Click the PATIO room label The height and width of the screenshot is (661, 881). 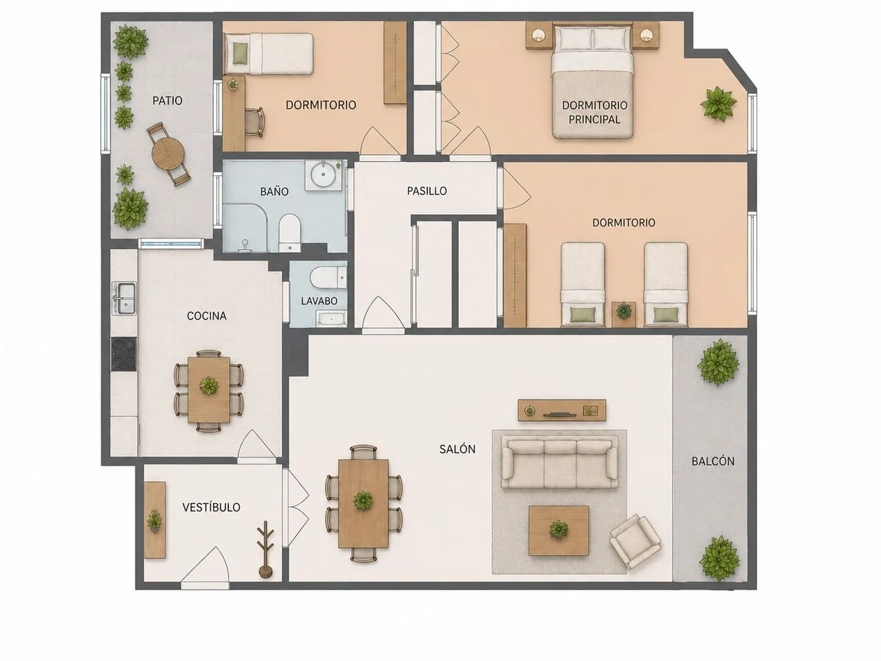[x=168, y=100]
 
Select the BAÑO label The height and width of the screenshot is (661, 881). [x=275, y=192]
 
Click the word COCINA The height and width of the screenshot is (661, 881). [x=207, y=316]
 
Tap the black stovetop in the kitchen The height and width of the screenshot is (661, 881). [x=124, y=353]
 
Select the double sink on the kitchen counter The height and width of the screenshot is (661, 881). [x=124, y=299]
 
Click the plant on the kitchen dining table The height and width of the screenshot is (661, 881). [x=209, y=386]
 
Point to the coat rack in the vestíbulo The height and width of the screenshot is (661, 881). [x=266, y=550]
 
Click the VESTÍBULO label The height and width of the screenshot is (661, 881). [x=212, y=507]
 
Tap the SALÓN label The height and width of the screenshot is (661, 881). [x=457, y=449]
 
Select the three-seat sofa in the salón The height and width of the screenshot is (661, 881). [x=560, y=463]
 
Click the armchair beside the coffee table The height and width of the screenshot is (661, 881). [x=636, y=542]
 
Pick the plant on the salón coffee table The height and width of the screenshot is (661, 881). [x=559, y=529]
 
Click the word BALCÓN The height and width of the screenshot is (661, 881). [x=713, y=461]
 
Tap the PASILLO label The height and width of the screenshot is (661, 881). [x=426, y=191]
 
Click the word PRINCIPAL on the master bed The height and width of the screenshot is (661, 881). [x=595, y=119]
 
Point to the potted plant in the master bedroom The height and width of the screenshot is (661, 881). [x=718, y=104]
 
